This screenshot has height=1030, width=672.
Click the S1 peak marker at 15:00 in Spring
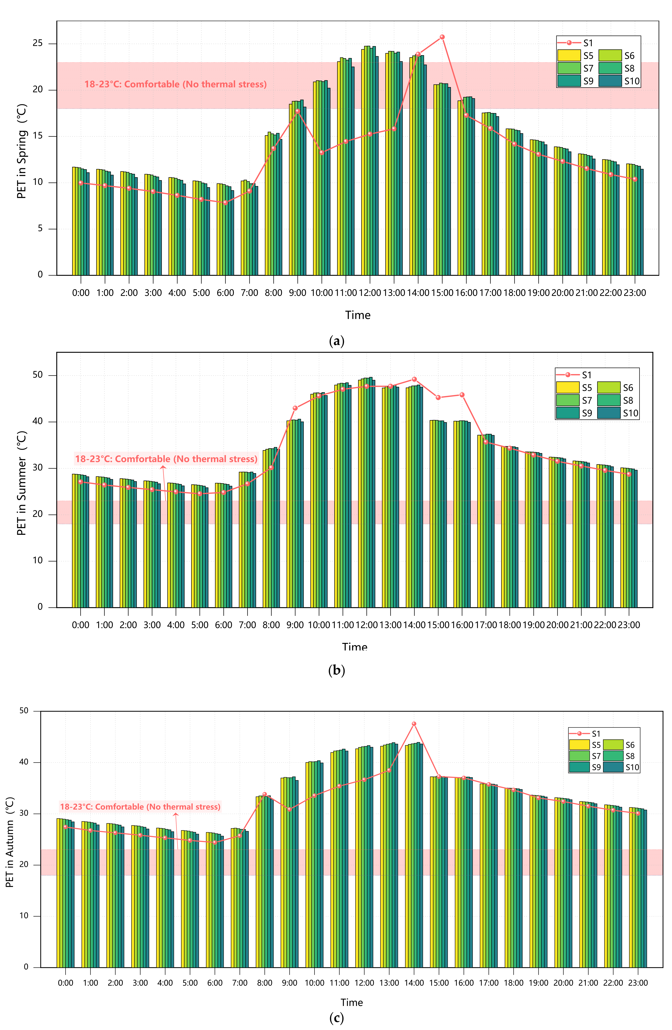442,37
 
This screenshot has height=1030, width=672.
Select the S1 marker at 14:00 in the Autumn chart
414,724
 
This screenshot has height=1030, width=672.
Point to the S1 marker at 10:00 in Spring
321,152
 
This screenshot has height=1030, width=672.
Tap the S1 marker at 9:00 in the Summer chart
295,408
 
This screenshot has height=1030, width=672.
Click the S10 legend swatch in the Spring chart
610,81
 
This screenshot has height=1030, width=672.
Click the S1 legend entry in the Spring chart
575,43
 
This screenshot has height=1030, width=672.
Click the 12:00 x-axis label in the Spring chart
369,293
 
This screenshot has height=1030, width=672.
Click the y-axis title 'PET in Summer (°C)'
22,483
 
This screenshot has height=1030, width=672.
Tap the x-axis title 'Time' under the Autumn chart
351,1002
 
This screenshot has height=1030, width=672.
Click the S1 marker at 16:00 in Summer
462,395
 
